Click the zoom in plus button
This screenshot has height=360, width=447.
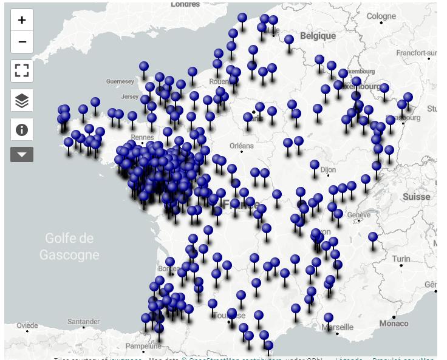pyautogui.click(x=22, y=20)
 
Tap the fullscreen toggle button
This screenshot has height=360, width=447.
pyautogui.click(x=22, y=70)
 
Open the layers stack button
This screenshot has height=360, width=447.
pyautogui.click(x=22, y=100)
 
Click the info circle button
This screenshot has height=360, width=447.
pyautogui.click(x=22, y=129)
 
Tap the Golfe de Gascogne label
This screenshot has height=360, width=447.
pyautogui.click(x=69, y=246)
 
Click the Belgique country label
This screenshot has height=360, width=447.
pyautogui.click(x=318, y=36)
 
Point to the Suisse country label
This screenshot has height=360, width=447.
pyautogui.click(x=416, y=197)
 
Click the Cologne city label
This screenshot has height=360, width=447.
pyautogui.click(x=381, y=16)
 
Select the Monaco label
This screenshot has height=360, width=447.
pyautogui.click(x=394, y=324)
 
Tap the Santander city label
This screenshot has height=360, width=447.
pyautogui.click(x=83, y=321)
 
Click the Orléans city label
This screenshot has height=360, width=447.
pyautogui.click(x=241, y=146)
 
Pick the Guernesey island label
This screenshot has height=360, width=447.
pyautogui.click(x=120, y=81)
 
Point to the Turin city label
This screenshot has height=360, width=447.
pyautogui.click(x=400, y=259)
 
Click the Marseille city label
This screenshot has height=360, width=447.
pyautogui.click(x=338, y=327)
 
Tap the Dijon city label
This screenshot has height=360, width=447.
pyautogui.click(x=328, y=170)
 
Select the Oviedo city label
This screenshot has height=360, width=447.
pyautogui.click(x=27, y=326)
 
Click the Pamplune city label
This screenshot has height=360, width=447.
pyautogui.click(x=144, y=346)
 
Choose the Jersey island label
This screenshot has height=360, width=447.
pyautogui.click(x=130, y=97)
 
